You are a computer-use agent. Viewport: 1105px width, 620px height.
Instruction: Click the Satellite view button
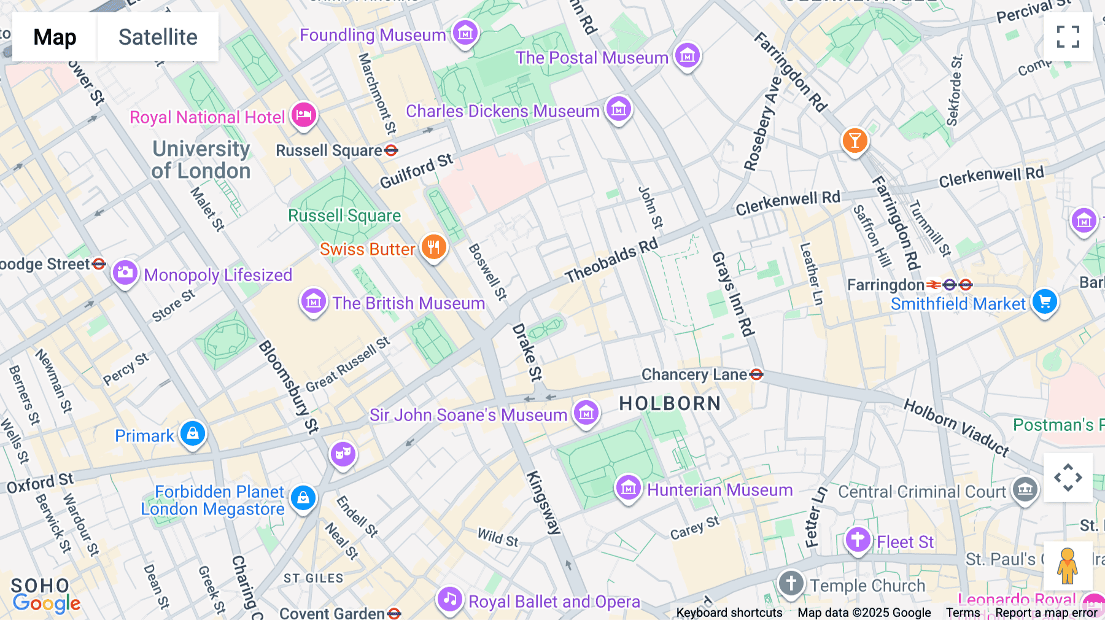[x=158, y=37]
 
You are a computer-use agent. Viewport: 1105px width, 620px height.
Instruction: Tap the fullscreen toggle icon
[x=1068, y=37]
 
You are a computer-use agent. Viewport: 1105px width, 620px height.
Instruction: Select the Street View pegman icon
[x=1068, y=565]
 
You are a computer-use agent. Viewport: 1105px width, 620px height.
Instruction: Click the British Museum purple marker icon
[x=314, y=301]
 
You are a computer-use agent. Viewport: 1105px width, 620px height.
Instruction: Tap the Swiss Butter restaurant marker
[x=434, y=247]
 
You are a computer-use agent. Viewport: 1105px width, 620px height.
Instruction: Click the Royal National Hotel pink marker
[x=304, y=115]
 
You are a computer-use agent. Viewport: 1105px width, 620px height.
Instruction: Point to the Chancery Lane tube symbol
[x=756, y=374]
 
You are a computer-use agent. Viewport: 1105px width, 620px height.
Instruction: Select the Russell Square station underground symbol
[x=391, y=150]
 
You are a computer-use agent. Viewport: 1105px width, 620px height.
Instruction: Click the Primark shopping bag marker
[x=193, y=433]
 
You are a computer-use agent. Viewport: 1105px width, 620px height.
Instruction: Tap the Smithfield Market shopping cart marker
[x=1045, y=301]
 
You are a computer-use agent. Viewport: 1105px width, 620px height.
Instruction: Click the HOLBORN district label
[x=670, y=403]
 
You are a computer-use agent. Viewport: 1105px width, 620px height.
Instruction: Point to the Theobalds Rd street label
[x=611, y=261]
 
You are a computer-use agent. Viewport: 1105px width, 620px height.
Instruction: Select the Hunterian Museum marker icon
[x=629, y=488]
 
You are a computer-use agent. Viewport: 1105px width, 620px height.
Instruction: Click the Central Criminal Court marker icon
[x=1025, y=489]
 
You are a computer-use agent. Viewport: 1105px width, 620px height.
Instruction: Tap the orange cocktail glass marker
[x=855, y=140]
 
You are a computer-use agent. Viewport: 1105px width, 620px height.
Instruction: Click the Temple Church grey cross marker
[x=791, y=583]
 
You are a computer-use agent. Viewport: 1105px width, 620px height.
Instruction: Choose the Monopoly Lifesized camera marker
[x=125, y=272]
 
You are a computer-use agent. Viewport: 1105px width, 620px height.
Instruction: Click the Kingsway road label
[x=544, y=503]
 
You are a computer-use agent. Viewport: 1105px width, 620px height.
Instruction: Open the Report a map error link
[x=1046, y=613]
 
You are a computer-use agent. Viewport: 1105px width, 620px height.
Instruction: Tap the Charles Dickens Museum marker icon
[x=619, y=110]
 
